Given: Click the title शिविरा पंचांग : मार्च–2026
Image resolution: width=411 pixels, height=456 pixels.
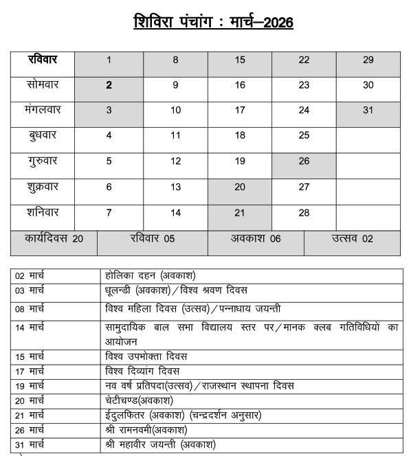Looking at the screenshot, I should click(213, 23).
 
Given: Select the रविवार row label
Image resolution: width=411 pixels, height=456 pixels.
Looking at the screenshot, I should click(43, 60).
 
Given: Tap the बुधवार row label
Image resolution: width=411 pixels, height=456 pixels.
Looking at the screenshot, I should click(43, 135).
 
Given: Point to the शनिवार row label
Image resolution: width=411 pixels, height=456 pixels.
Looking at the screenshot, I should click(43, 212).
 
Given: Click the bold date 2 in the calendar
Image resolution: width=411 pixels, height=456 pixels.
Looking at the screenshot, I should click(109, 86).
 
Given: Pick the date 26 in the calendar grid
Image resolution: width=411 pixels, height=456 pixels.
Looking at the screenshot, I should click(304, 161).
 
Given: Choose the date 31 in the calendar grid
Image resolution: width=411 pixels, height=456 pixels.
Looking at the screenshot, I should click(368, 110).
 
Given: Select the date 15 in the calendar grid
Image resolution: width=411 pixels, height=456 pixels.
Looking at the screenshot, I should click(240, 60).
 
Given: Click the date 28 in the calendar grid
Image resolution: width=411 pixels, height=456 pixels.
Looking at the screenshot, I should click(304, 213).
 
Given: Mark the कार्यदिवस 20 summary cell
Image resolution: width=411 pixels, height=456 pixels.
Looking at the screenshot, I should click(54, 239).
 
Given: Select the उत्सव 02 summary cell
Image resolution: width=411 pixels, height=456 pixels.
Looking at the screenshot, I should click(352, 239).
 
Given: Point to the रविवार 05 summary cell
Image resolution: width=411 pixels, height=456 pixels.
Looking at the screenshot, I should click(152, 239).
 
